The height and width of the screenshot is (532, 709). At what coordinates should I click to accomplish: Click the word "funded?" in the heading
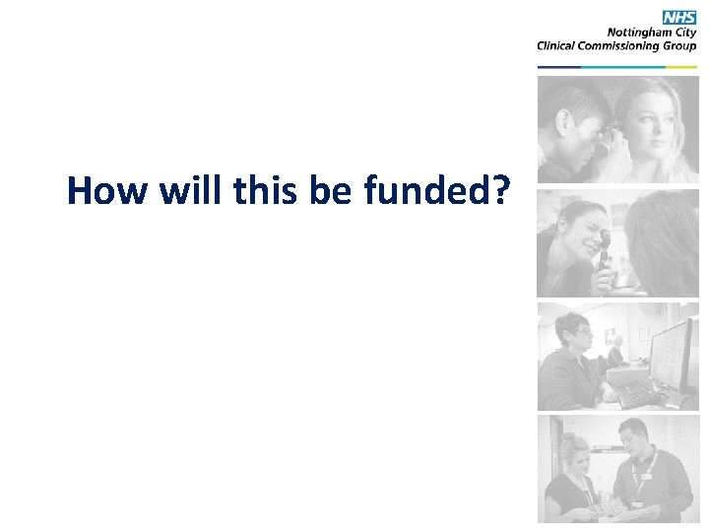(436, 190)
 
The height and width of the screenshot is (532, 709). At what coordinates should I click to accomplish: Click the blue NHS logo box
(678, 17)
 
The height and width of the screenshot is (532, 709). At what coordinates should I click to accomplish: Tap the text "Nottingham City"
(655, 32)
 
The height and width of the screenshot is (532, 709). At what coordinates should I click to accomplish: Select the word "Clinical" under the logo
(560, 44)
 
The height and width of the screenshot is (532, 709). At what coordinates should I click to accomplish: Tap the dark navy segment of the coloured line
(559, 67)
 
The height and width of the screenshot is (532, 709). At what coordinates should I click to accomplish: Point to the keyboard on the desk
(640, 393)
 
